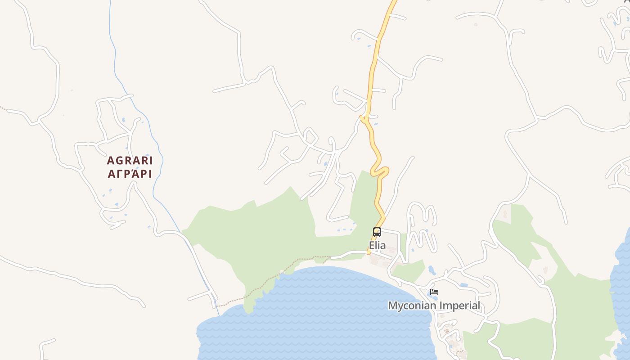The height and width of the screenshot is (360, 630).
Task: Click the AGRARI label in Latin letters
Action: [130, 161]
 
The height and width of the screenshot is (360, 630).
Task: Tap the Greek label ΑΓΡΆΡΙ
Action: [130, 174]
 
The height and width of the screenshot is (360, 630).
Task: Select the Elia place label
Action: [377, 246]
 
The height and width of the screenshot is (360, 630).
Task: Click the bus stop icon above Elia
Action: [377, 232]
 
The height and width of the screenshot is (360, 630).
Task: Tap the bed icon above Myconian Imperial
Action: [434, 292]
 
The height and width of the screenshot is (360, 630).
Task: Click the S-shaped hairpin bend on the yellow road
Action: [380, 171]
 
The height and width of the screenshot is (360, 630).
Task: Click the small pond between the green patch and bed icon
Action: [432, 270]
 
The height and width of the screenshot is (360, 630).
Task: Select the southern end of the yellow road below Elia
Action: [369, 253]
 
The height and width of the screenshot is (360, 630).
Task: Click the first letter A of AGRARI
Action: [110, 161]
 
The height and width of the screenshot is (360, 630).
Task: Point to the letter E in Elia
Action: [372, 246]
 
